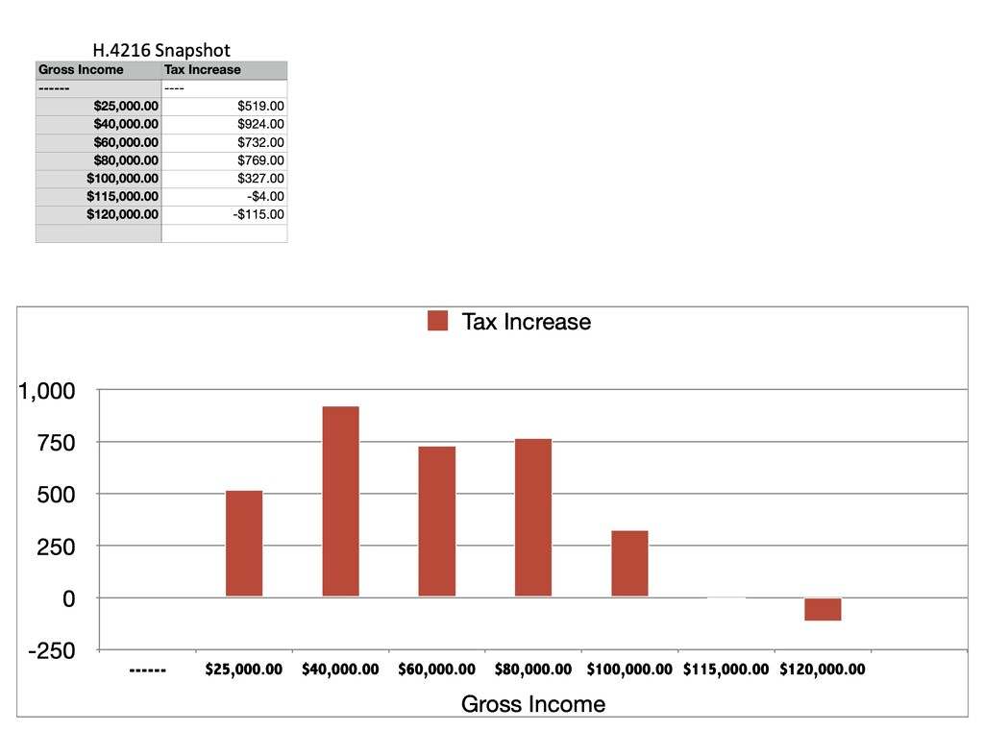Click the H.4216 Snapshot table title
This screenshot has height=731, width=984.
click(161, 50)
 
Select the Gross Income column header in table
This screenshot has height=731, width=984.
click(82, 70)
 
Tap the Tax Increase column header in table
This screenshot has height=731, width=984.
click(203, 70)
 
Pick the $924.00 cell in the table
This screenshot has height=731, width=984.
click(260, 124)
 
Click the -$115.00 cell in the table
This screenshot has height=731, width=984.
click(258, 214)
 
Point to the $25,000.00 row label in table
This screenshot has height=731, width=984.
click(126, 106)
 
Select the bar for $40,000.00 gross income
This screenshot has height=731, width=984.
click(340, 501)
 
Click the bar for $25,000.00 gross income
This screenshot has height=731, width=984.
click(244, 544)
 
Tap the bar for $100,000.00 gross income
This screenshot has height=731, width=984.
click(629, 563)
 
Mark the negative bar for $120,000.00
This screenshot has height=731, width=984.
click(823, 609)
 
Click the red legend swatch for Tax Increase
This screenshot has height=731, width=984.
click(438, 322)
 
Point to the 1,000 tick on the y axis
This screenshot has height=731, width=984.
click(46, 391)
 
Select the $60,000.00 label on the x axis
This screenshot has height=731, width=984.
click(436, 670)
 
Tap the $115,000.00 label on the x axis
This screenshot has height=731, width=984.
click(726, 670)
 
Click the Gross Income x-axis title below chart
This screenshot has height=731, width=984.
click(533, 704)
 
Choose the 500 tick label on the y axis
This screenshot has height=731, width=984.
click(57, 495)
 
